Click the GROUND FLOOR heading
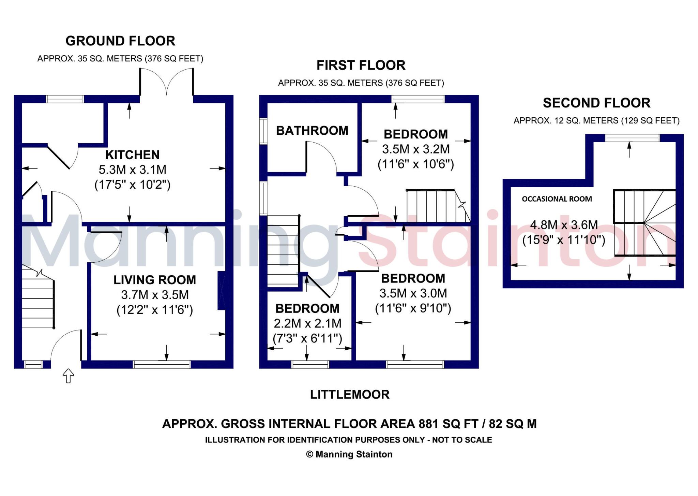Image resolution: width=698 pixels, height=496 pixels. (x=120, y=41)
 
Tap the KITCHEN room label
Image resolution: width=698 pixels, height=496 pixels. (x=132, y=155)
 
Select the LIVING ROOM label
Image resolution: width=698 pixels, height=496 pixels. (x=155, y=280)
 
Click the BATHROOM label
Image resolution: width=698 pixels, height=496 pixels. (x=312, y=131)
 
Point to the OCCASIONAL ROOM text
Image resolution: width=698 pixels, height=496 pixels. (x=557, y=199)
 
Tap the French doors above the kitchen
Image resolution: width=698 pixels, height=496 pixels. (x=166, y=82)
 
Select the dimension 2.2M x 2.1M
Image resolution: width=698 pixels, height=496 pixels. (x=307, y=323)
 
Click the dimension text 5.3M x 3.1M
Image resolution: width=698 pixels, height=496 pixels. (x=132, y=170)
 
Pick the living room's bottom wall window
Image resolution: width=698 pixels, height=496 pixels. (x=162, y=365)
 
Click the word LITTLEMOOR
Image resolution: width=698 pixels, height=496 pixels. (x=349, y=395)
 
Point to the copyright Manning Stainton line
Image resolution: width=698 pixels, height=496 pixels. (x=349, y=454)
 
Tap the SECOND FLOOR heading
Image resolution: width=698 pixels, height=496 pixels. (x=596, y=103)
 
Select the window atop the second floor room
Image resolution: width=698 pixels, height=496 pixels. (x=632, y=138)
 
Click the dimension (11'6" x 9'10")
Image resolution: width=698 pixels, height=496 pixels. (x=413, y=308)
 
